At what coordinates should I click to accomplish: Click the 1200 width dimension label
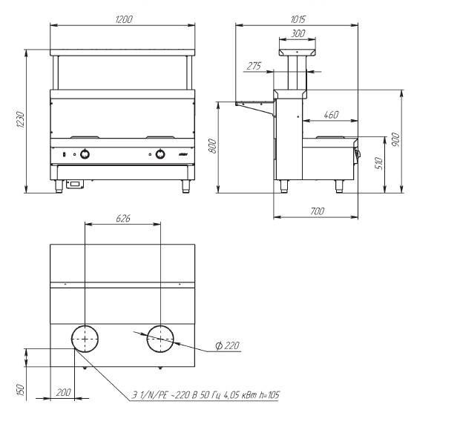point(124,19)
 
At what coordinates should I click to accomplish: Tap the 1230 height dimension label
point(20,119)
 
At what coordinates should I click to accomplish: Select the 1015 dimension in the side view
point(298,19)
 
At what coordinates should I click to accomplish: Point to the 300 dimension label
point(298,33)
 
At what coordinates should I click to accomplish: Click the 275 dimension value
point(254,66)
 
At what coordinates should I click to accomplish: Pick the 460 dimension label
point(331,115)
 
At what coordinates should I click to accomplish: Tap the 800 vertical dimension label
point(212,146)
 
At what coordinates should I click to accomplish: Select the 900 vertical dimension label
point(395,139)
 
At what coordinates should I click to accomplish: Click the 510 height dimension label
point(378,163)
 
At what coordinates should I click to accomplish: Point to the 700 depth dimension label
point(317,211)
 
